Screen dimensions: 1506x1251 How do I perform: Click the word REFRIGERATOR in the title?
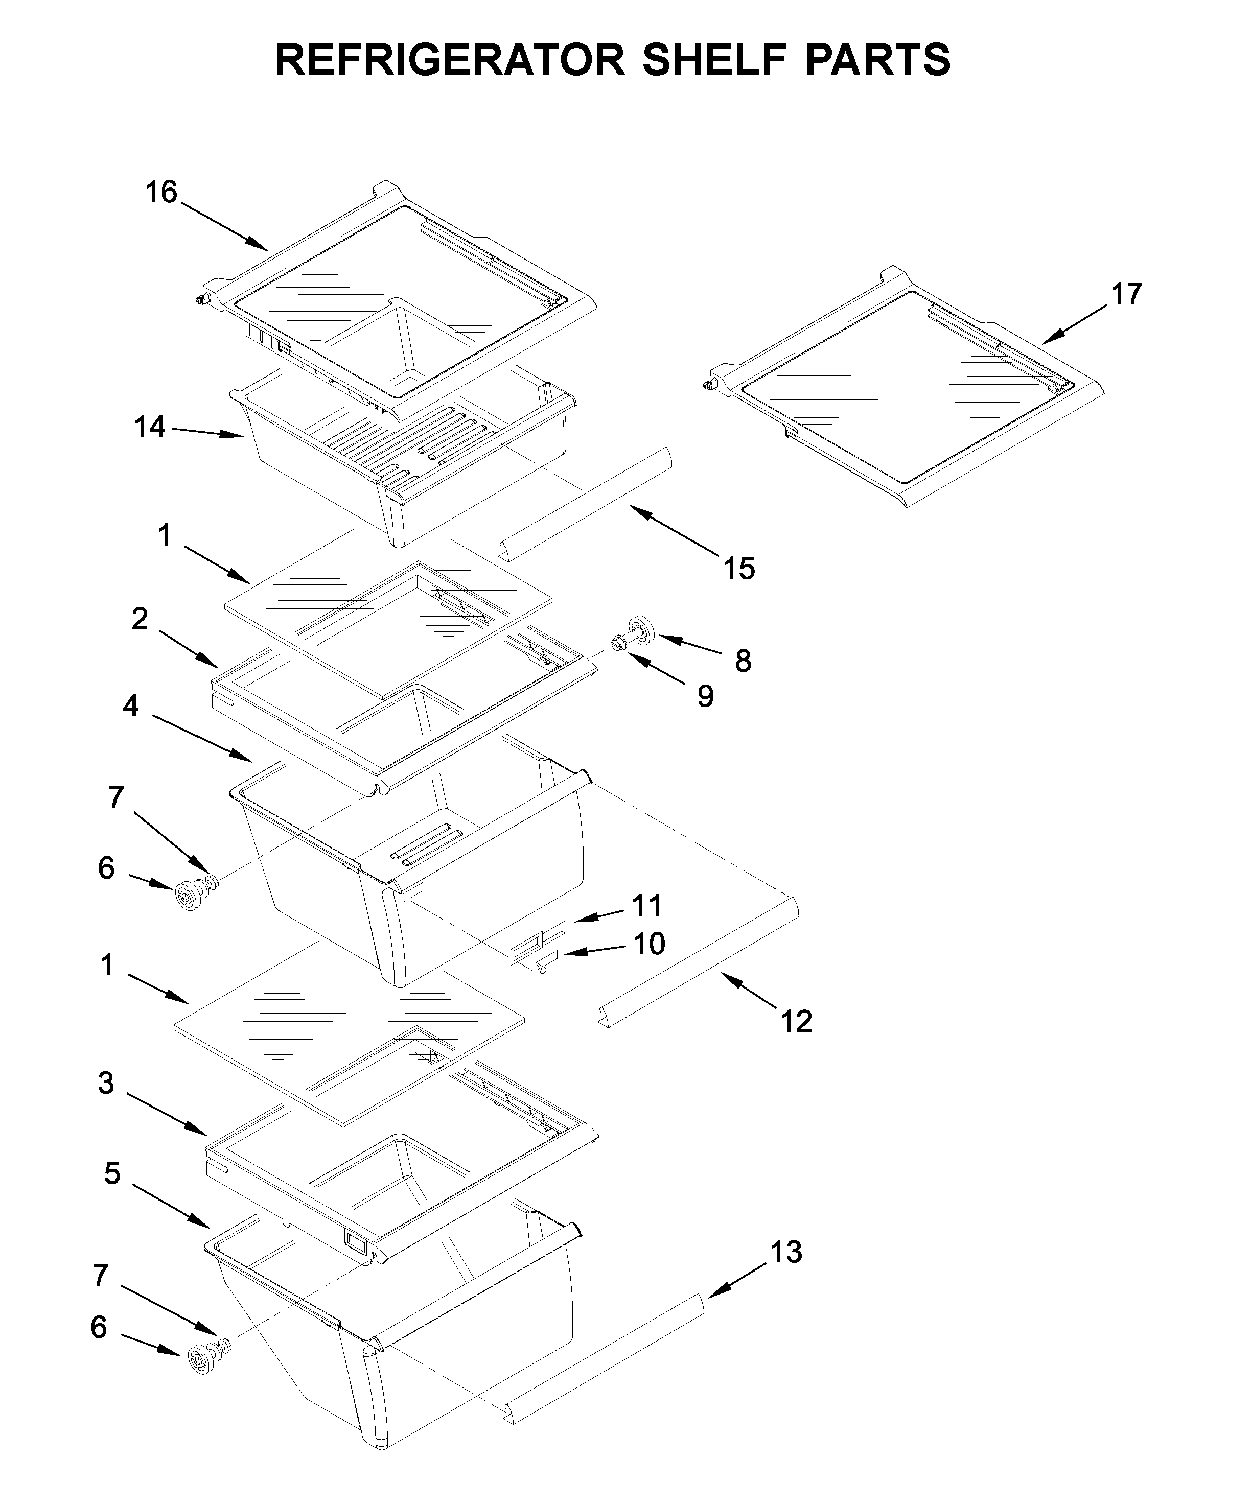pyautogui.click(x=450, y=60)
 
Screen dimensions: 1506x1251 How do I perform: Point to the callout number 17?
pyautogui.click(x=1125, y=295)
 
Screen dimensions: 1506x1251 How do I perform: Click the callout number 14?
pyautogui.click(x=150, y=428)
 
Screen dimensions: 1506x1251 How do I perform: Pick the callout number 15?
pyautogui.click(x=739, y=568)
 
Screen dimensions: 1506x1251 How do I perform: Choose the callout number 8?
pyautogui.click(x=743, y=661)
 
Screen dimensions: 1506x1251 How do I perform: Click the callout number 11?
pyautogui.click(x=646, y=906)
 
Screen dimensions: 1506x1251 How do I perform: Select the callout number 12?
pyautogui.click(x=796, y=1021)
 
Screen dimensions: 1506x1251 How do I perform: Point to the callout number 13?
pyautogui.click(x=785, y=1252)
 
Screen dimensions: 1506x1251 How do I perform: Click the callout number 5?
pyautogui.click(x=112, y=1174)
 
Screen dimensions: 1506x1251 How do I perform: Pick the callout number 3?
pyautogui.click(x=106, y=1084)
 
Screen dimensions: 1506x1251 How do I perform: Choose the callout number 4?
pyautogui.click(x=130, y=707)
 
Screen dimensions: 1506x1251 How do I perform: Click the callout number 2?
pyautogui.click(x=140, y=619)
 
